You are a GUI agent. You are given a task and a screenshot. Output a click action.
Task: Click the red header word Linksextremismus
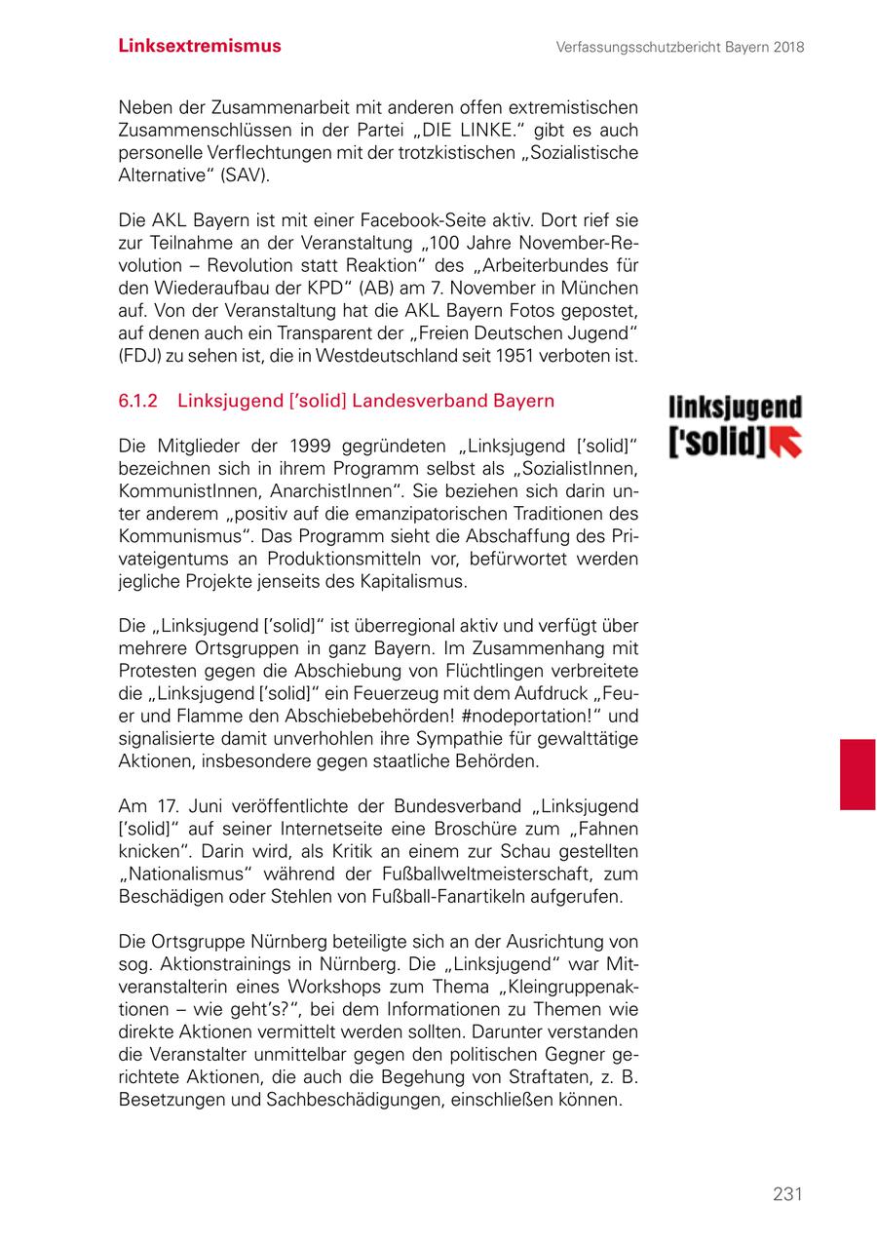pyautogui.click(x=200, y=46)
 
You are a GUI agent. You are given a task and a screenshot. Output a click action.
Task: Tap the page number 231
pyautogui.click(x=787, y=1194)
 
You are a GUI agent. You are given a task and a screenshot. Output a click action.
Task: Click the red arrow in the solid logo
pyautogui.click(x=785, y=442)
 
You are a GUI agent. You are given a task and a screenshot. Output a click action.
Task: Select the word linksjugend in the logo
pyautogui.click(x=735, y=408)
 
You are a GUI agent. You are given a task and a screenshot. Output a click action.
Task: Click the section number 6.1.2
pyautogui.click(x=138, y=401)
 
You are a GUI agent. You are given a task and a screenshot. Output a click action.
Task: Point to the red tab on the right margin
pyautogui.click(x=858, y=774)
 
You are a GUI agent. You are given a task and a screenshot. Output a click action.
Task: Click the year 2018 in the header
pyautogui.click(x=785, y=47)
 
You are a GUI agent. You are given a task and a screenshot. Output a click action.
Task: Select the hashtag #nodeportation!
pyautogui.click(x=525, y=715)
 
